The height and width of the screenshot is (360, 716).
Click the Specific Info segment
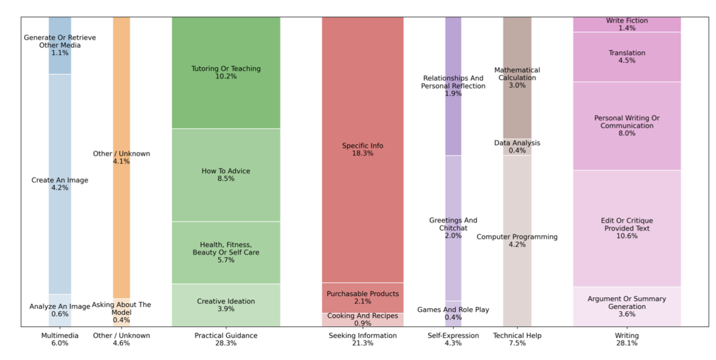tap(362, 149)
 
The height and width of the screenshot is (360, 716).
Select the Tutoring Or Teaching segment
tap(226, 73)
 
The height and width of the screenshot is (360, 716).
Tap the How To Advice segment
tap(226, 175)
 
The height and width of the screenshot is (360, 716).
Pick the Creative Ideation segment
tap(226, 305)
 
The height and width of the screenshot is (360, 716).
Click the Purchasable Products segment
tap(362, 297)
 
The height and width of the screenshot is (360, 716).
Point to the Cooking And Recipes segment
tap(362, 320)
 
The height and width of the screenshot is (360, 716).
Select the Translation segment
tap(626, 57)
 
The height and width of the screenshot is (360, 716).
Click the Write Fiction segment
tap(626, 24)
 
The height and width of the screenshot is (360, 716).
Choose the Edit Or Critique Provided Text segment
tap(626, 228)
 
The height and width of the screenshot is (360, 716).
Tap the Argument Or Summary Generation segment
tap(626, 306)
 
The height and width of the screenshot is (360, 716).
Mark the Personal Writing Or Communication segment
tap(626, 126)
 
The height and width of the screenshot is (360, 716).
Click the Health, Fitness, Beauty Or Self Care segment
tap(226, 252)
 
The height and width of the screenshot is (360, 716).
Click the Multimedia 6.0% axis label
tap(60, 339)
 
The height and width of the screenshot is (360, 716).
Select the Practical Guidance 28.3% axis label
tap(226, 339)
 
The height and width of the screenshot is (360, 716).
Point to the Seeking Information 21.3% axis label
tap(362, 339)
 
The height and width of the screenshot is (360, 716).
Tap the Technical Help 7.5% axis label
tap(517, 339)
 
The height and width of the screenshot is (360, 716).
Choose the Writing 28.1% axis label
tap(626, 339)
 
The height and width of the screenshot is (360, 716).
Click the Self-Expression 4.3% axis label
tap(453, 339)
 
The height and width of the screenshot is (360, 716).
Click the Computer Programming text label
tap(517, 237)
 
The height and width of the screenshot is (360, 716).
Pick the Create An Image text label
tap(60, 180)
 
